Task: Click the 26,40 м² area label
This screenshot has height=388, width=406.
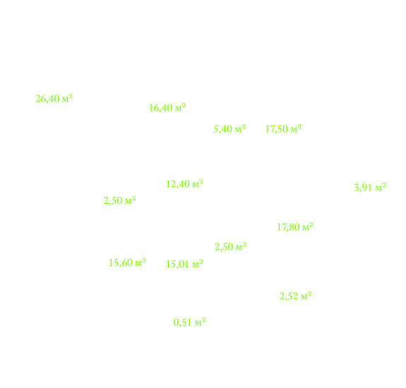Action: click(x=54, y=99)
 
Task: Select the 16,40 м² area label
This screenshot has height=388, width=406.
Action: click(x=167, y=108)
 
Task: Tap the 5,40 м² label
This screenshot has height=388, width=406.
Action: click(x=229, y=129)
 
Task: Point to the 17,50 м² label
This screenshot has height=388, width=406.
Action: click(x=284, y=129)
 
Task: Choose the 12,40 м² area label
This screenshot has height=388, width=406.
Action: click(x=184, y=184)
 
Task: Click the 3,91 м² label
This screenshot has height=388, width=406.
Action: click(x=370, y=187)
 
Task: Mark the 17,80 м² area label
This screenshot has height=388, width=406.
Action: click(x=295, y=227)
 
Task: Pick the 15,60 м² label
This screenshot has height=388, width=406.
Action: click(x=127, y=262)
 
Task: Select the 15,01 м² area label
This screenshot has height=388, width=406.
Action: click(x=184, y=264)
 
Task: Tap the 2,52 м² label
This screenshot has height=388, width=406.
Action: click(x=295, y=296)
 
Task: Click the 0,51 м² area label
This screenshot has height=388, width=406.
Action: click(x=189, y=322)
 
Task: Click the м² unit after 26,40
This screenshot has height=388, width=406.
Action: click(x=67, y=98)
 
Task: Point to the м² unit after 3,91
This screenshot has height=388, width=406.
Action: click(x=381, y=187)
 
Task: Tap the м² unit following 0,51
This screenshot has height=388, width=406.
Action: click(x=201, y=322)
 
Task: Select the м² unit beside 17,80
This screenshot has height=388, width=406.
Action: click(x=308, y=226)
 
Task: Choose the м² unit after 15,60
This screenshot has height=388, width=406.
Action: click(x=141, y=262)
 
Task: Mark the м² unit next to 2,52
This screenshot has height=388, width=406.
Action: click(x=306, y=296)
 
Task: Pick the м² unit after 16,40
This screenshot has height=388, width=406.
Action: click(x=181, y=107)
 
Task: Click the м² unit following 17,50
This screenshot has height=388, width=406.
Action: click(x=297, y=128)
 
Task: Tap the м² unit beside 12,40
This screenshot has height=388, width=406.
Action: click(x=198, y=183)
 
